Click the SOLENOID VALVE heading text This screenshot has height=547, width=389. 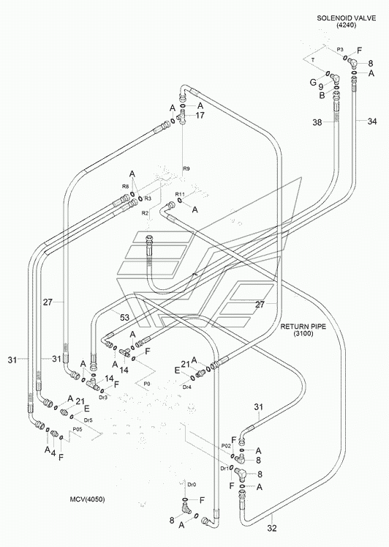click(x=346, y=18)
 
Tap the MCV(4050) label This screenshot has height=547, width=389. click(x=87, y=499)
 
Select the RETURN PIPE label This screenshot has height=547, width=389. click(x=303, y=327)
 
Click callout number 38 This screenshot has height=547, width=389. click(x=317, y=122)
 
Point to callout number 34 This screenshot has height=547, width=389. click(x=372, y=122)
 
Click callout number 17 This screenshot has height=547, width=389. click(x=200, y=115)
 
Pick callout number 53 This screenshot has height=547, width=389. click(x=125, y=318)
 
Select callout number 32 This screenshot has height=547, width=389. click(x=272, y=528)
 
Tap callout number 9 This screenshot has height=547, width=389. click(x=321, y=87)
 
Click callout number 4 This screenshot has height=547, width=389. click(x=53, y=453)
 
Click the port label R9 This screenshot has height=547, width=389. click(x=186, y=168)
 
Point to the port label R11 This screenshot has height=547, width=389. click(x=180, y=194)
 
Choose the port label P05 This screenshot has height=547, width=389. click(x=77, y=429)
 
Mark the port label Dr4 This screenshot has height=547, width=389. click(x=187, y=387)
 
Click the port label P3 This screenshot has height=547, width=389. click(x=340, y=50)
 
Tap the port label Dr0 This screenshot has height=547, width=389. click(x=192, y=485)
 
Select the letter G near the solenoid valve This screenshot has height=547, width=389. click(x=313, y=82)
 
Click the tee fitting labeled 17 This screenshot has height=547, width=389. click(x=182, y=117)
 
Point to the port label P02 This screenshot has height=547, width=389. click(x=226, y=446)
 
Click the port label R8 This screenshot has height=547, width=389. click(x=126, y=187)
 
